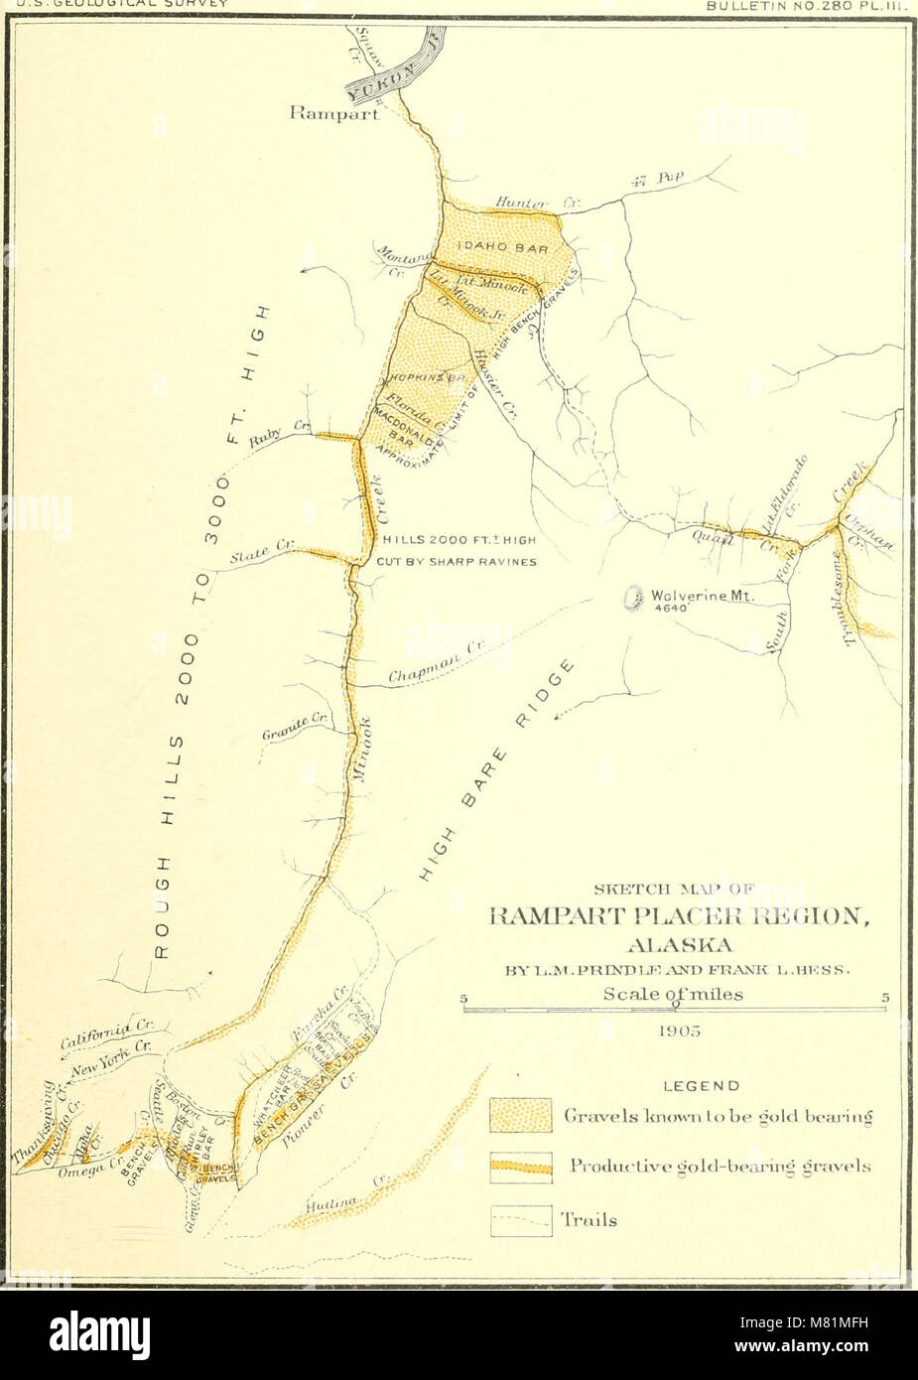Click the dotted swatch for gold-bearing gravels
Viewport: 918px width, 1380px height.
click(521, 1116)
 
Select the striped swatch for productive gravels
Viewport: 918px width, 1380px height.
click(521, 1167)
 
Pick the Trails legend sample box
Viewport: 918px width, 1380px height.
click(521, 1219)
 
